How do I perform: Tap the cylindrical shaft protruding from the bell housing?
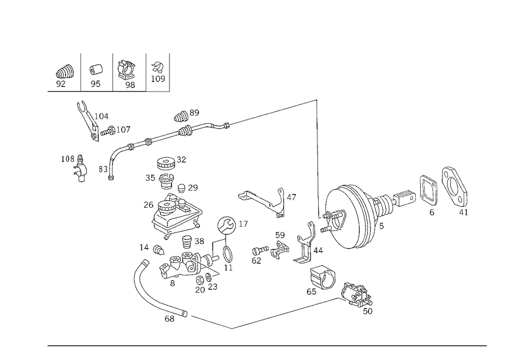coord(405,196)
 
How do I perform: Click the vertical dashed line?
coord(317,153)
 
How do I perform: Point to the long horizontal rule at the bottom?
coord(267,345)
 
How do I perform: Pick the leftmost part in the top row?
coord(62,75)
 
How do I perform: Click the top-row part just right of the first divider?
coord(95,75)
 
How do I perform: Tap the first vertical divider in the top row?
coord(79,71)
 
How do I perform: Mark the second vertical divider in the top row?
coord(146,71)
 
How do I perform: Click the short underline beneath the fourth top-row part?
coord(157,90)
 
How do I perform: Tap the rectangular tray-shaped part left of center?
coord(176,216)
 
